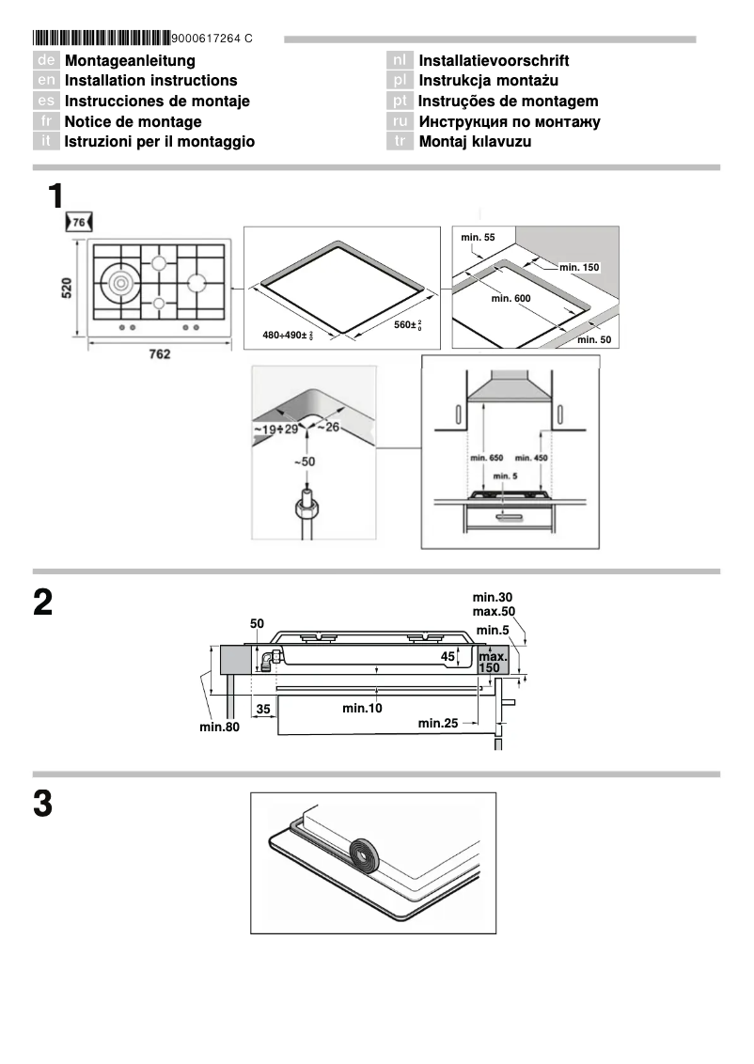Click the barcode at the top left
[102, 39]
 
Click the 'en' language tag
[46, 81]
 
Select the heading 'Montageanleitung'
[130, 61]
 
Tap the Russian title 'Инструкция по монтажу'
[509, 121]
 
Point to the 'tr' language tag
[400, 142]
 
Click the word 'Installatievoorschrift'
[494, 61]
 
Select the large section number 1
[55, 197]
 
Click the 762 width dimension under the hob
[159, 355]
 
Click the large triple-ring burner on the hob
[120, 282]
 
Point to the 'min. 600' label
[511, 298]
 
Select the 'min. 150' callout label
[578, 268]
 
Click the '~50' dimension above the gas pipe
[304, 462]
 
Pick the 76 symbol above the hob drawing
[79, 222]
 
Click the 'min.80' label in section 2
[220, 726]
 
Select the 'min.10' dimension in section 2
[362, 707]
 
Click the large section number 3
[42, 806]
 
